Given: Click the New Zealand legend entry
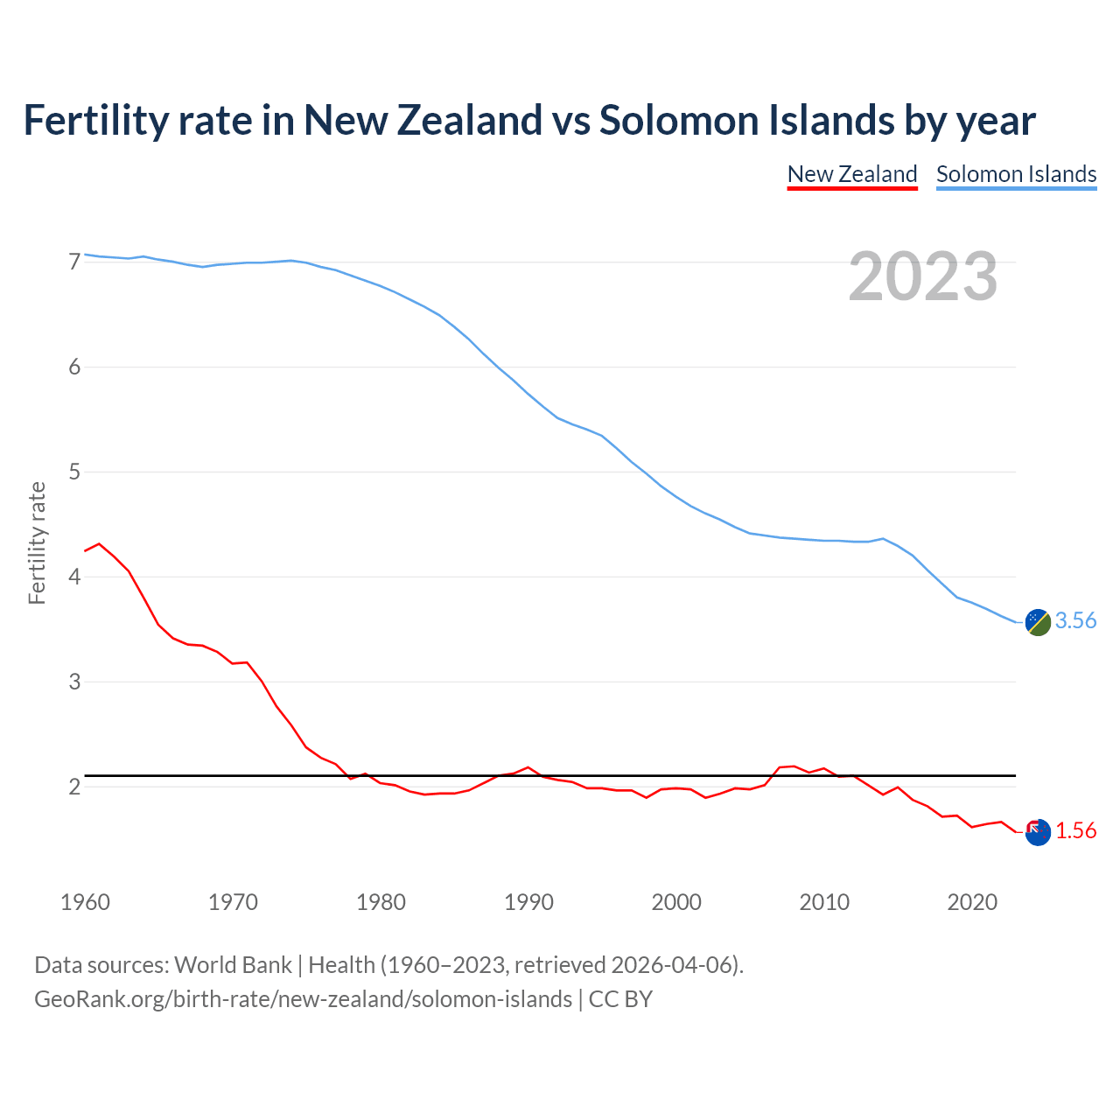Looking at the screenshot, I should [852, 174].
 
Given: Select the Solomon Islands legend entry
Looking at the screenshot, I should [1016, 174].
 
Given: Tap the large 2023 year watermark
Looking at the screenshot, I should [923, 276].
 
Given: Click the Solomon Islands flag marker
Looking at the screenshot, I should [1038, 622].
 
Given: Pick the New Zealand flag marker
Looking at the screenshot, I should [1038, 832].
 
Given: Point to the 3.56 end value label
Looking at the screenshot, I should [1075, 621].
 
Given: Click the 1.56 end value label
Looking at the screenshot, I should [1075, 831].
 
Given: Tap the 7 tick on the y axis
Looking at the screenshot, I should [74, 262].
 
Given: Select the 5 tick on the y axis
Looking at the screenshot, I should [74, 472].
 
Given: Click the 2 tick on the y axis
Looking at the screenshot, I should [74, 787].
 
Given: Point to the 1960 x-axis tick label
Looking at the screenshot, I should [85, 902].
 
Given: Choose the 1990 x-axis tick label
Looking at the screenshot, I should [528, 902].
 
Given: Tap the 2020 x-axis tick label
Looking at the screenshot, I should [972, 902].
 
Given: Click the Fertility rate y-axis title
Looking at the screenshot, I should [37, 542].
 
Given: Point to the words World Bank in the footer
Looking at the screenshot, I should [233, 965].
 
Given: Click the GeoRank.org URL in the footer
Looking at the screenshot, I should [303, 999].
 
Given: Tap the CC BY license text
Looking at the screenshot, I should [620, 999].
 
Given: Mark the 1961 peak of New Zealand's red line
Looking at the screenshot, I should [99, 543].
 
